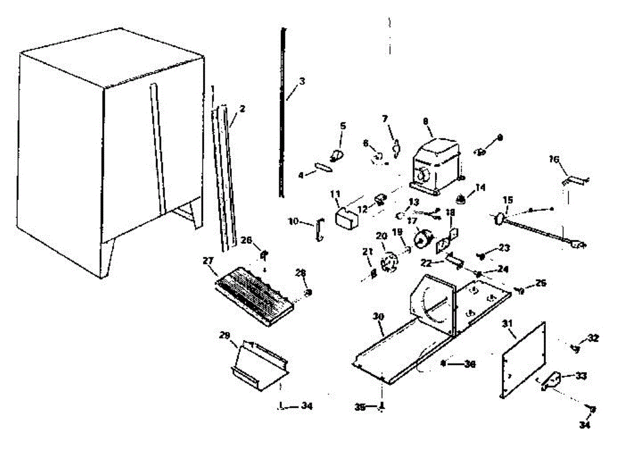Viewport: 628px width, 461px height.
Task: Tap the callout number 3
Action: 302,82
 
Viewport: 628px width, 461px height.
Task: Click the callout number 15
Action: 508,200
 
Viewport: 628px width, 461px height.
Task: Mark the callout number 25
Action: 541,283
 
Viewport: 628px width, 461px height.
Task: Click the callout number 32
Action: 593,338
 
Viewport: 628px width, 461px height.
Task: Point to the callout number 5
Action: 343,126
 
